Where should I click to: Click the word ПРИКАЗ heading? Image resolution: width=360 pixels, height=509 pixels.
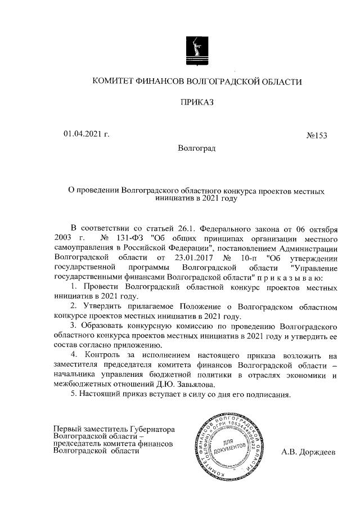point(197,102)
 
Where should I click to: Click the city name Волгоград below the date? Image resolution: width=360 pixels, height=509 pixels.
point(196,148)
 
